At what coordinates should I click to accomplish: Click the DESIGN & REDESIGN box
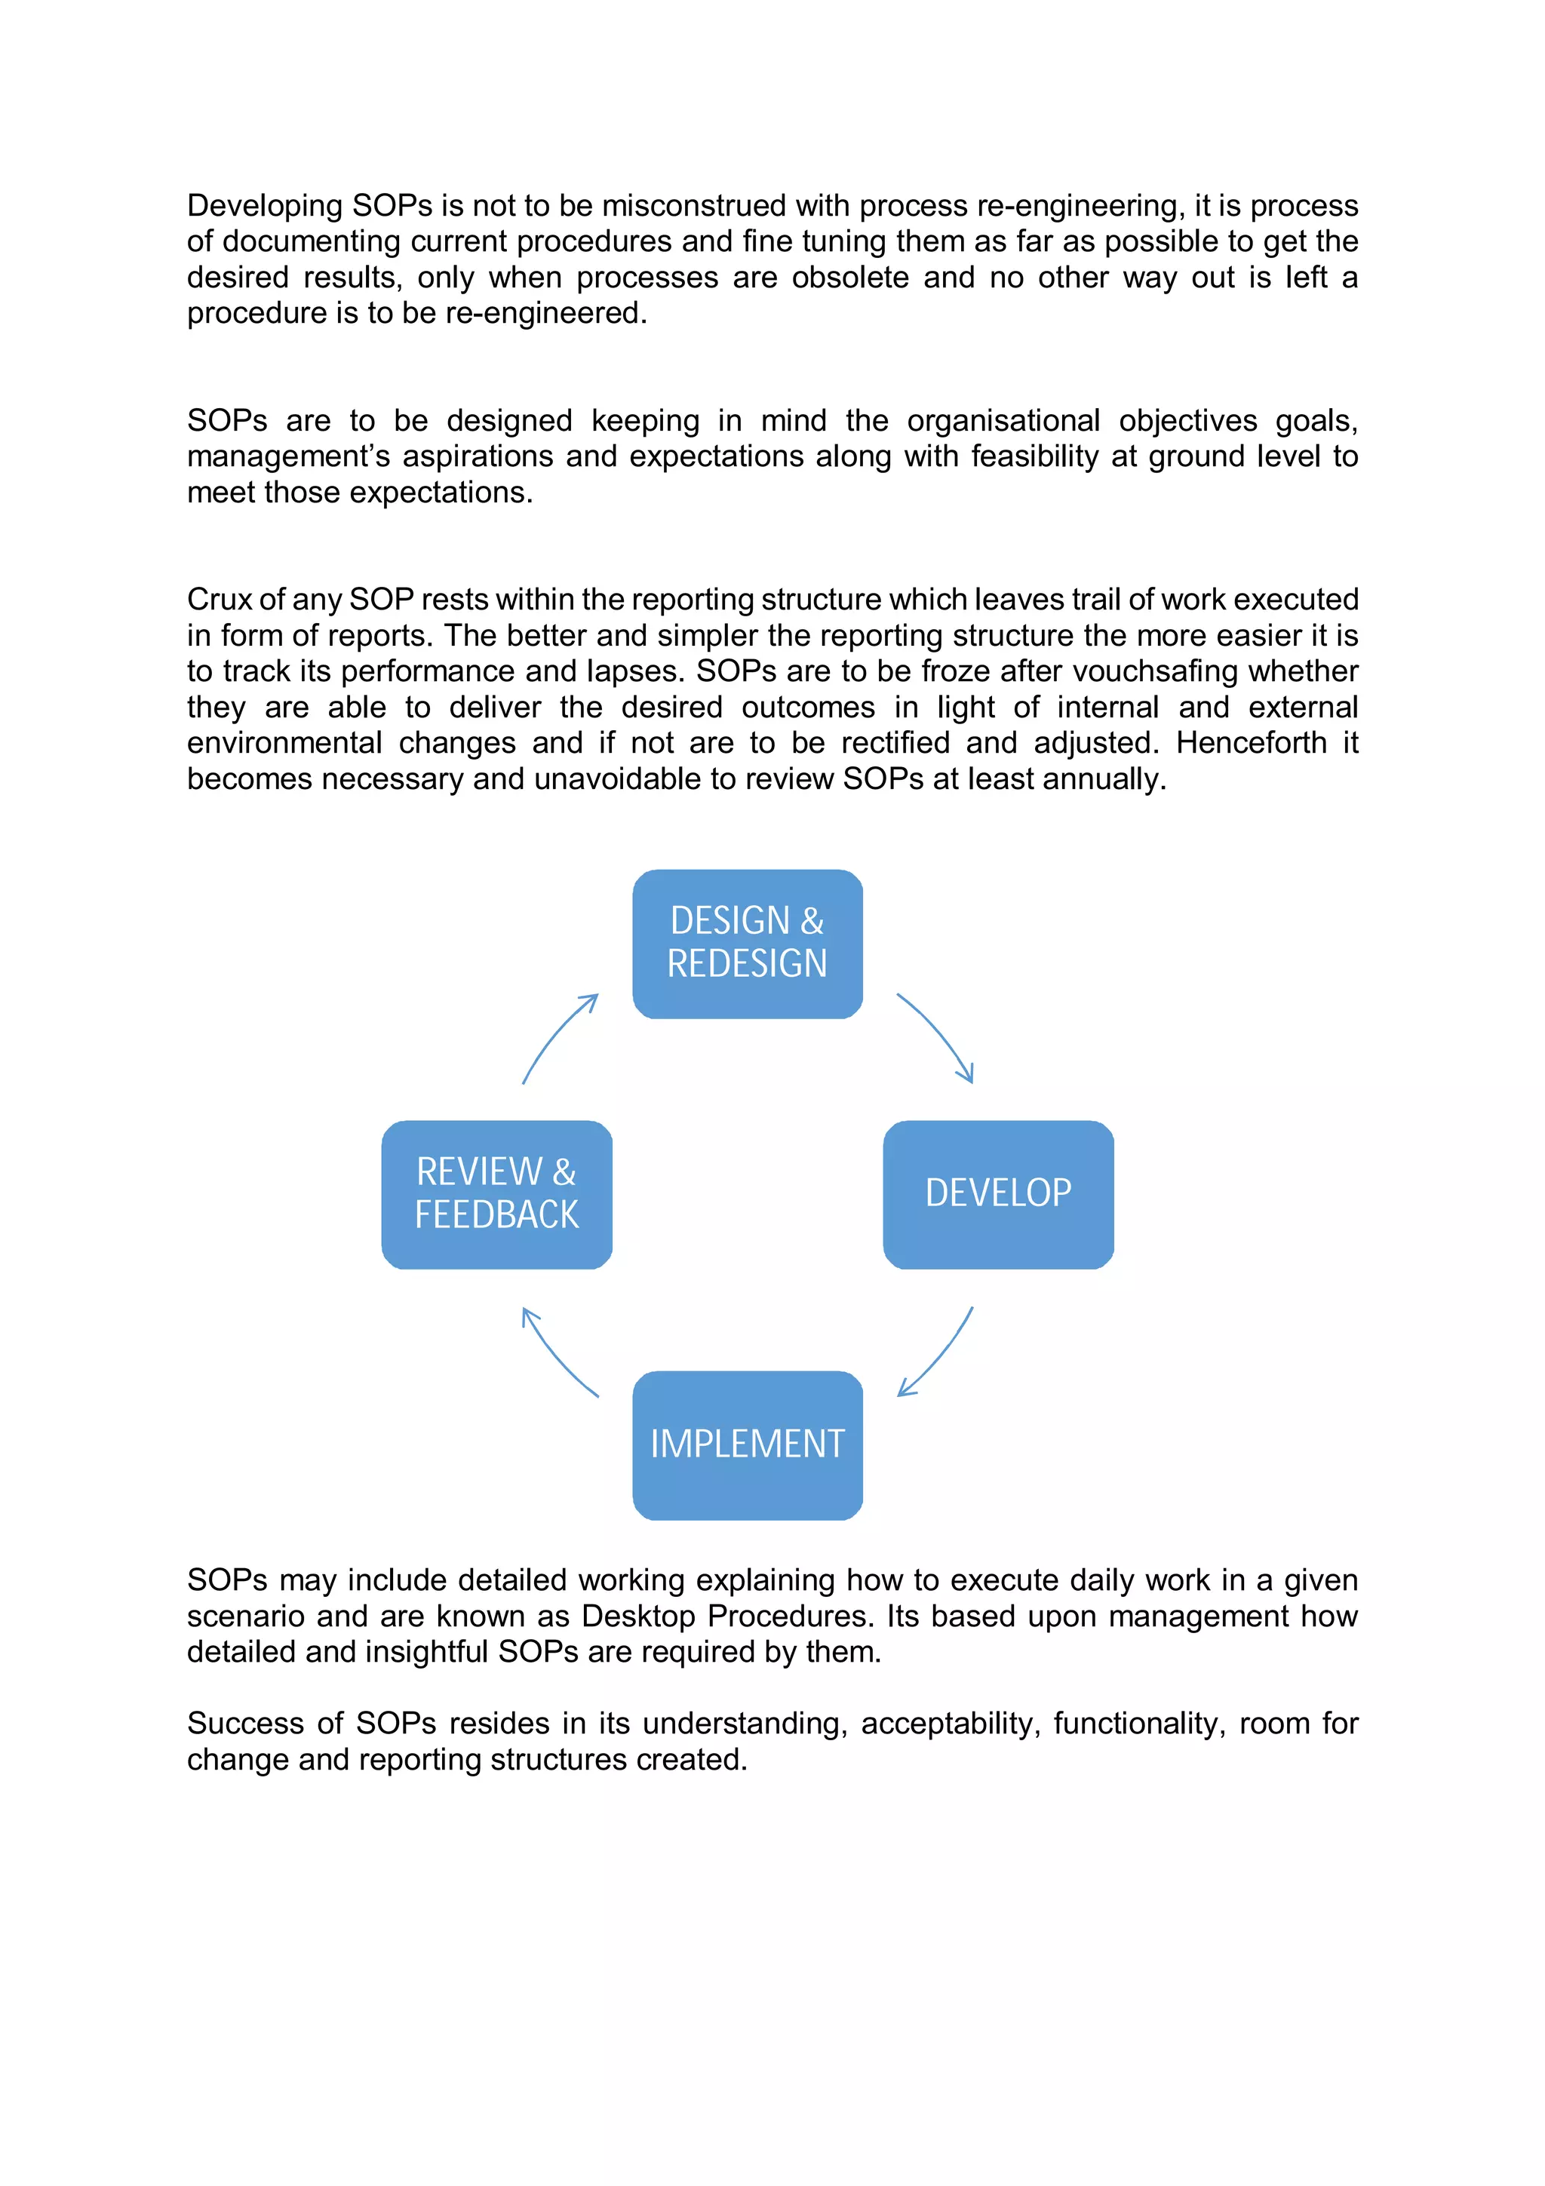(x=748, y=943)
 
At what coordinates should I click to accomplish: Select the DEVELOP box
(x=997, y=1194)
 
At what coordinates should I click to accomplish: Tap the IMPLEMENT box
(x=748, y=1445)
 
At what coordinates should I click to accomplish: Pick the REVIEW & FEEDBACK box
(x=496, y=1194)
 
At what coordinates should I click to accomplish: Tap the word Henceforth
(x=1251, y=743)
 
